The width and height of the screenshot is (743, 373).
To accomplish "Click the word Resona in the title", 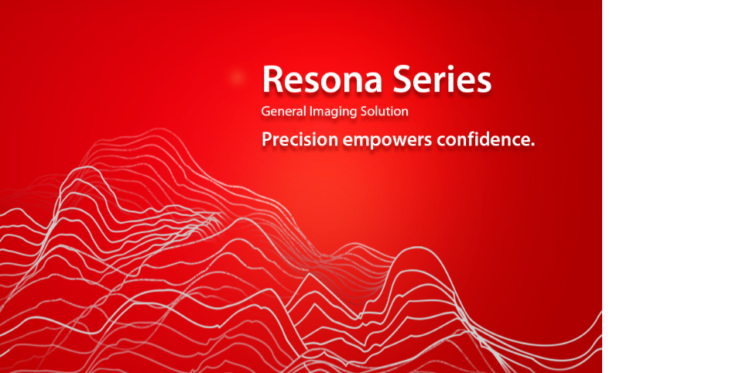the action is [322, 79].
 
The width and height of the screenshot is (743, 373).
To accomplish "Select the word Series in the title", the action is [442, 79].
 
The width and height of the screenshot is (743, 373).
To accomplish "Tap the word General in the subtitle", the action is [283, 111].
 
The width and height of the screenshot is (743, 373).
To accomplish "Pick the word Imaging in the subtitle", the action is [332, 112].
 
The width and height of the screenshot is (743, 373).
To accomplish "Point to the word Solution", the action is [383, 111].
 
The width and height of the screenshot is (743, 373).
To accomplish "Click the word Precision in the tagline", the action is [300, 140].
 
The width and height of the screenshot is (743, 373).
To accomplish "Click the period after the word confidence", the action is [532, 145].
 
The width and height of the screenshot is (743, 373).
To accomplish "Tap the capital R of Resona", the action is [272, 80].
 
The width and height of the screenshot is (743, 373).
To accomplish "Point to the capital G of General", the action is [265, 112].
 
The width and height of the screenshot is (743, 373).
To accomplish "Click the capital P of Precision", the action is [267, 140].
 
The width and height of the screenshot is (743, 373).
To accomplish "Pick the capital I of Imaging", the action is [311, 112].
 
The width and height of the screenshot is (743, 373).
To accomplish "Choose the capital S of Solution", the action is [361, 112].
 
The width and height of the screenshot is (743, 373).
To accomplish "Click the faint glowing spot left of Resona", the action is [237, 77].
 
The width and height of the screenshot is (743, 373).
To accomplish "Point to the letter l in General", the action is [305, 111].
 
